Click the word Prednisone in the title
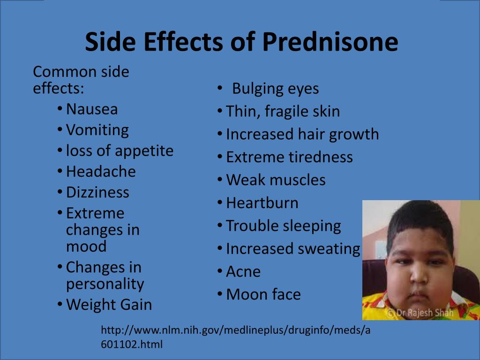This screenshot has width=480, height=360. coord(330,42)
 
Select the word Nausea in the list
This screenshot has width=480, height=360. coord(92,109)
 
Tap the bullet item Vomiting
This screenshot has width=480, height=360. coord(97,131)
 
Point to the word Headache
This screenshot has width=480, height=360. coord(101,172)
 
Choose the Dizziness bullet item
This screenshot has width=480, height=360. coord(97,193)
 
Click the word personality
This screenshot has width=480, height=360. coord(105,284)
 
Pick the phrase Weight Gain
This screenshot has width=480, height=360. coord(109,305)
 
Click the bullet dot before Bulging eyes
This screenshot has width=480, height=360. coord(219,88)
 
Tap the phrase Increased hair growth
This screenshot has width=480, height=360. coord(302,135)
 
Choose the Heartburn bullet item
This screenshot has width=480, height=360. coord(262,203)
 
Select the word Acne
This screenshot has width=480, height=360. coord(243,272)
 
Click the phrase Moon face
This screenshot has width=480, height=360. coord(263,294)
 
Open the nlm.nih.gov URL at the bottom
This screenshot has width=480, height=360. coord(235,337)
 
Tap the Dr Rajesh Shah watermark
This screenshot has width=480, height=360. coord(420,313)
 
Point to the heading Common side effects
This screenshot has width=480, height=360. coord(81,80)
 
